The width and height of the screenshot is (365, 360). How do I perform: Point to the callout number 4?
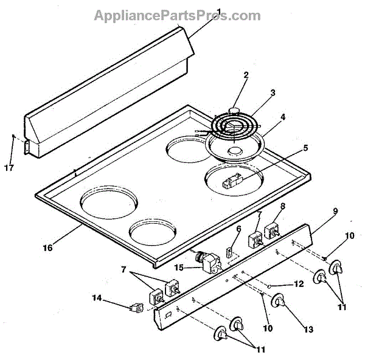pyautogui.click(x=282, y=117)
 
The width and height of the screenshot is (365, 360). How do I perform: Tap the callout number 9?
pyautogui.click(x=318, y=212)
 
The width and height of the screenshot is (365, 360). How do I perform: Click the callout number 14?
pyautogui.click(x=97, y=298)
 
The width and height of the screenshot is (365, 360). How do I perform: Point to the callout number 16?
pyautogui.click(x=47, y=247)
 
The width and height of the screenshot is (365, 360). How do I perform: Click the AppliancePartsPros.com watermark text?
pyautogui.click(x=177, y=15)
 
